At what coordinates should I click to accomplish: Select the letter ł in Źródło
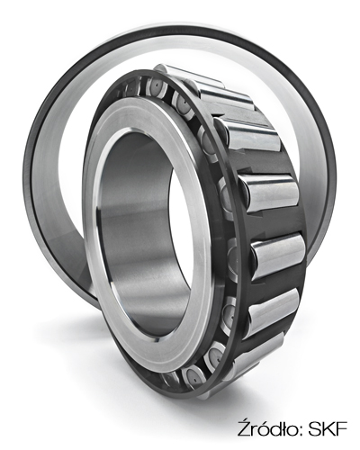click(x=283, y=428)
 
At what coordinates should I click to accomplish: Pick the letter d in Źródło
click(x=274, y=428)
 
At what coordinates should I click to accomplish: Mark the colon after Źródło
click(x=300, y=431)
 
